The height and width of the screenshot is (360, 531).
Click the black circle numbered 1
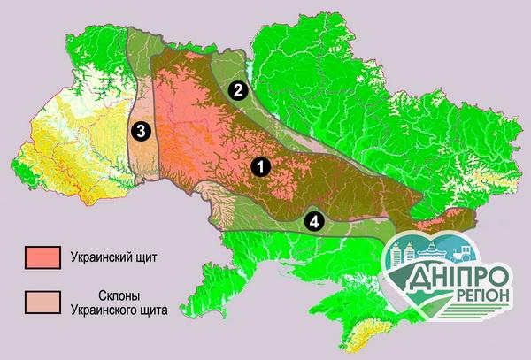pyautogui.click(x=259, y=165)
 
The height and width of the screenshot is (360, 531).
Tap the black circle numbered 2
pyautogui.click(x=236, y=89)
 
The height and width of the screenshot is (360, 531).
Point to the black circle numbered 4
pyautogui.click(x=313, y=220)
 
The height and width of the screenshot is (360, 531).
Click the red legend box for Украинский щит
pyautogui.click(x=42, y=258)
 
